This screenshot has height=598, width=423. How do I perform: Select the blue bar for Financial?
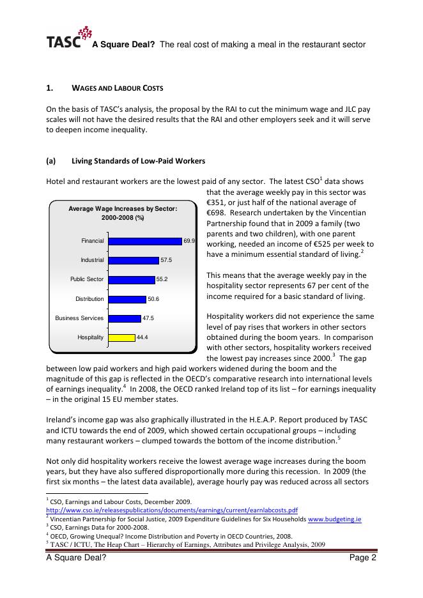(x=145, y=241)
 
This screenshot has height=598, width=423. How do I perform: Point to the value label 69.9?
(x=189, y=241)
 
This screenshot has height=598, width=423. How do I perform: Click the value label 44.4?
(x=142, y=337)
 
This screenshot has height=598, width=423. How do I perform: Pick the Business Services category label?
(x=79, y=318)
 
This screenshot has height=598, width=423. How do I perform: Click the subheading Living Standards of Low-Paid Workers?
(x=138, y=160)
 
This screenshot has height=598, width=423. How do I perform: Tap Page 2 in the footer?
(x=362, y=558)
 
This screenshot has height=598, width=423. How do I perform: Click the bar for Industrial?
(x=134, y=260)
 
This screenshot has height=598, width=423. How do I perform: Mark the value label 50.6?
(x=153, y=298)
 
